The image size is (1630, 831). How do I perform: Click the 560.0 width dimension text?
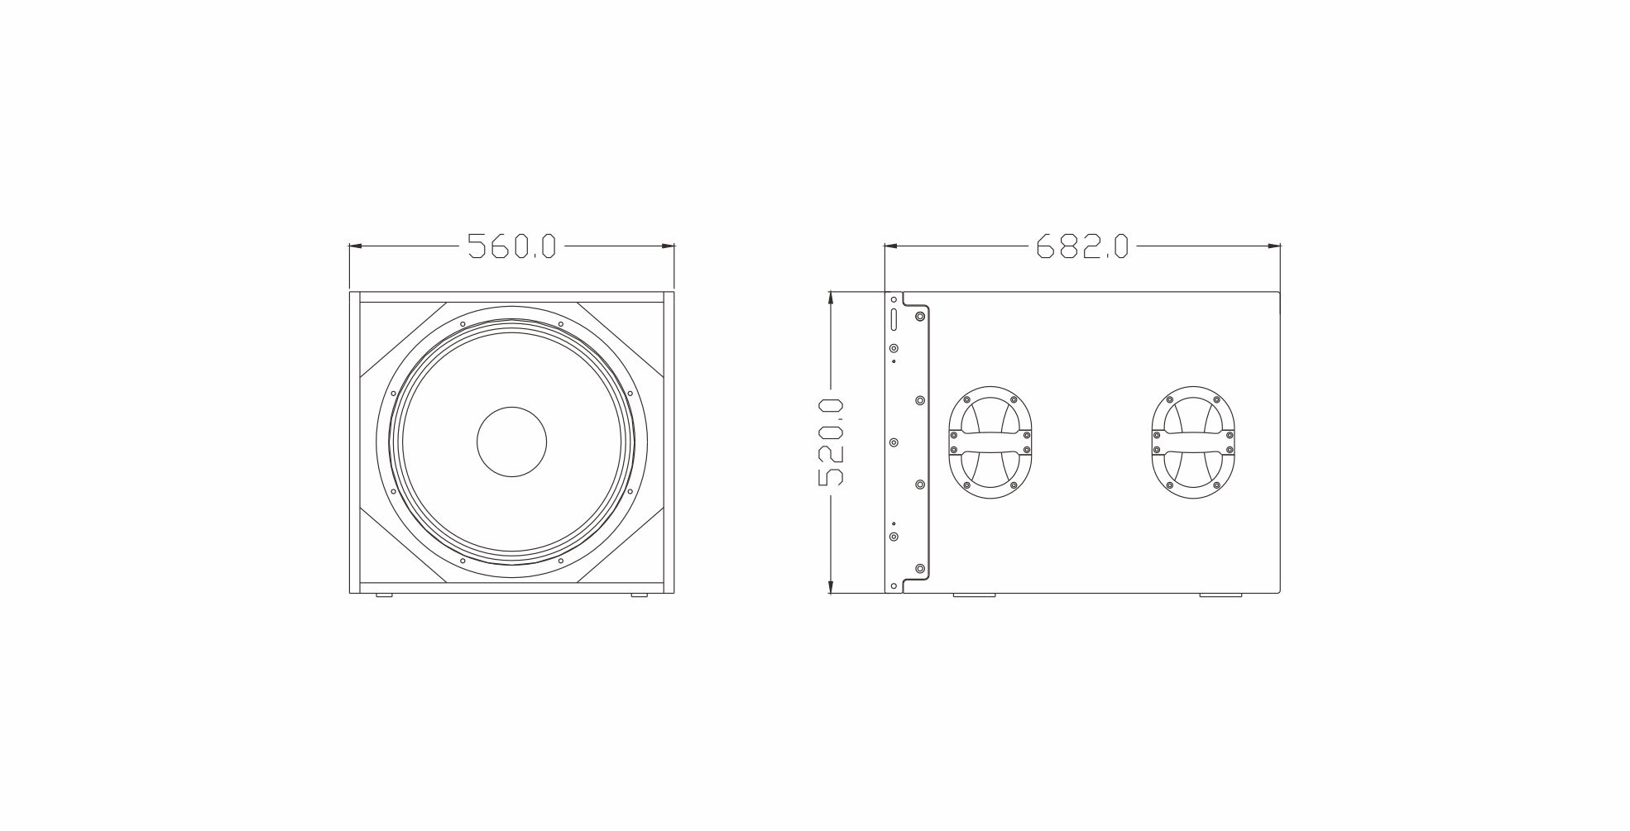coord(512,246)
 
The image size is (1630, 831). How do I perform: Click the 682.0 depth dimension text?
coord(1082,246)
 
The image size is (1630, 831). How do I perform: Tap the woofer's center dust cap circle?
coord(512,442)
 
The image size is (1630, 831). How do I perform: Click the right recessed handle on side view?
coord(1193,442)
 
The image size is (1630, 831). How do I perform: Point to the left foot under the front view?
coord(384,596)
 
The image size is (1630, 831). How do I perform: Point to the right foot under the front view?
coord(639,596)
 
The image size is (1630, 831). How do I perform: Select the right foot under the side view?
coord(1221,595)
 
